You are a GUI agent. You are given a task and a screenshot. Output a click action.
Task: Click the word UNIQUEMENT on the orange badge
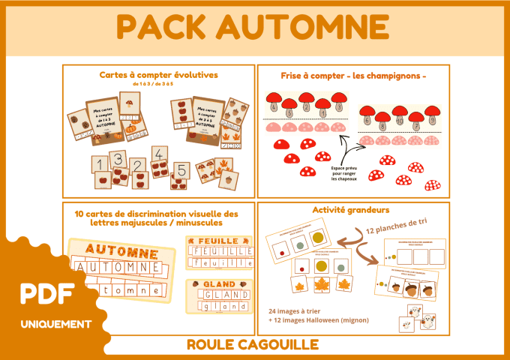pyautogui.click(x=56, y=324)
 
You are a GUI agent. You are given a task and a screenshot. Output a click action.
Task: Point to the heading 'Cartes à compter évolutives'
pyautogui.click(x=158, y=75)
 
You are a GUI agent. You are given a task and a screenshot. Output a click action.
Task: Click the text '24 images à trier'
pyautogui.click(x=298, y=310)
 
